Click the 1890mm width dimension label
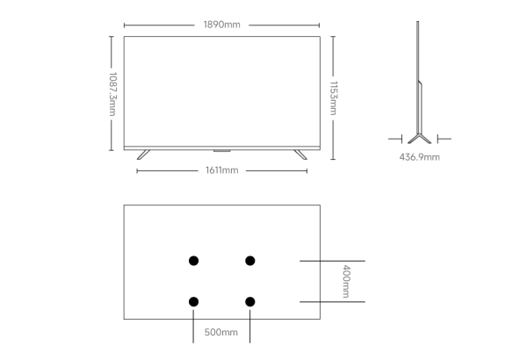(220, 25)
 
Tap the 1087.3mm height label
(112, 93)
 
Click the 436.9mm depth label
(420, 157)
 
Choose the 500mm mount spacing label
(220, 333)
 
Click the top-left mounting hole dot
(193, 260)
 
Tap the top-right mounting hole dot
(249, 260)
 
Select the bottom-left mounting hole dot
(193, 302)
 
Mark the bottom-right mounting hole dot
(249, 302)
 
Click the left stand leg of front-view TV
(143, 154)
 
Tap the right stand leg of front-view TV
(300, 154)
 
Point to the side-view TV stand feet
(420, 139)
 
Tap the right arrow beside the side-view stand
(444, 138)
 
